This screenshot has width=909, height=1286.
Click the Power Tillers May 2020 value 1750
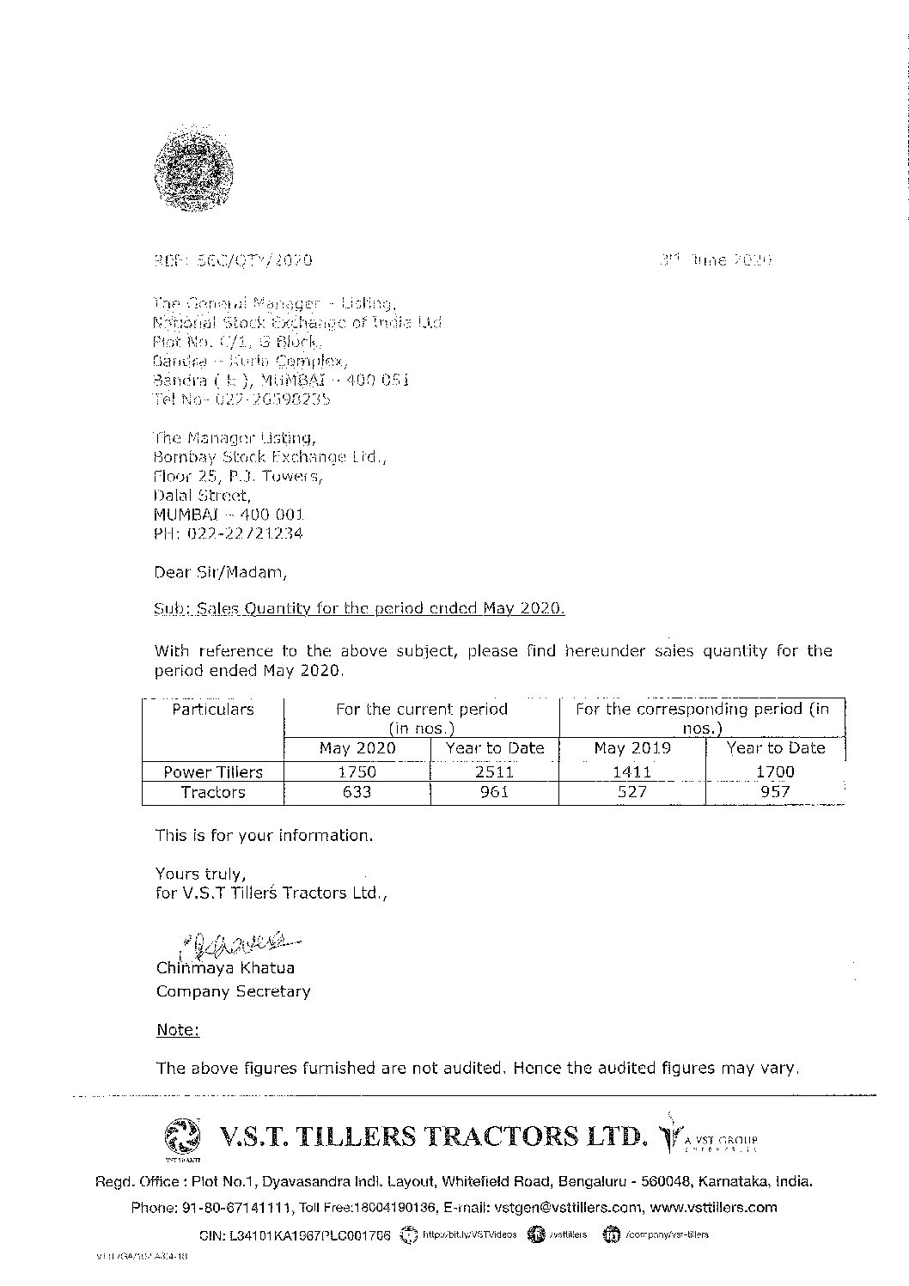click(357, 771)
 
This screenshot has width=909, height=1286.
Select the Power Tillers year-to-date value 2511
click(495, 771)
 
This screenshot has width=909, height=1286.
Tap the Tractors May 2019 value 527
click(631, 792)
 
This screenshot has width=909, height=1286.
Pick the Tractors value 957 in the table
click(775, 792)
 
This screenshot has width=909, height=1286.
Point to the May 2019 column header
click(631, 748)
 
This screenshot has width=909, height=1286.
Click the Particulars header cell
click(213, 710)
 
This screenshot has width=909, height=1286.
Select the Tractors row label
click(213, 792)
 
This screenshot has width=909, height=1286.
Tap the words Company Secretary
click(233, 991)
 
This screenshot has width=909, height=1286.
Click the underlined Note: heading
click(178, 1030)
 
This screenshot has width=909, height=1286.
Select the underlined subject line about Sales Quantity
click(360, 609)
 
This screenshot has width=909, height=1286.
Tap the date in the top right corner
click(723, 259)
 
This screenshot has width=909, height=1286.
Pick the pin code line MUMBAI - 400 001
click(229, 515)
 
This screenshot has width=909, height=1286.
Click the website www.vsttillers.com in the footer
click(713, 1207)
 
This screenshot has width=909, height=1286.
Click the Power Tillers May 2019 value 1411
click(631, 771)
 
